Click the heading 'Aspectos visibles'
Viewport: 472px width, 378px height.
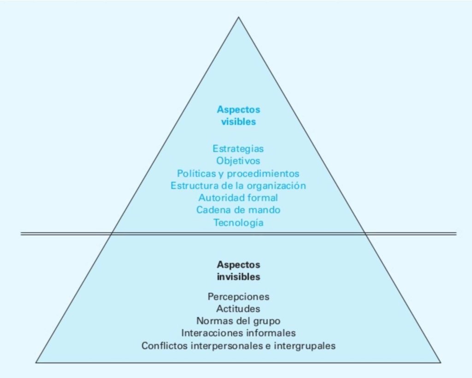pyautogui.click(x=238, y=116)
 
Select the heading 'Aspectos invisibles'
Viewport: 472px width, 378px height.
pyautogui.click(x=238, y=271)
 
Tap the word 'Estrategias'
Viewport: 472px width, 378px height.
pyautogui.click(x=238, y=148)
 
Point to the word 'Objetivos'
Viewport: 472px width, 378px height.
pyautogui.click(x=238, y=161)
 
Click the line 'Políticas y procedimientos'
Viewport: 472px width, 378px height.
pyautogui.click(x=238, y=174)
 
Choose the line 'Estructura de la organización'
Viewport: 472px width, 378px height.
pyautogui.click(x=238, y=186)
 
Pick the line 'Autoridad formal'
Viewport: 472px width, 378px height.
pyautogui.click(x=238, y=198)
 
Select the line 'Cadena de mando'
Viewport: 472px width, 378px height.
pyautogui.click(x=238, y=210)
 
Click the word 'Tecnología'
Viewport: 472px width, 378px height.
pyautogui.click(x=238, y=223)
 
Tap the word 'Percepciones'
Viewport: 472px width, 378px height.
pyautogui.click(x=238, y=296)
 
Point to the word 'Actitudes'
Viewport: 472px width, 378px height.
pyautogui.click(x=238, y=308)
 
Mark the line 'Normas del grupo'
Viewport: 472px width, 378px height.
pyautogui.click(x=238, y=320)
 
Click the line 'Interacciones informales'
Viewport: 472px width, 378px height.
pyautogui.click(x=238, y=332)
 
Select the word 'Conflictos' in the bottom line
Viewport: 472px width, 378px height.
pyautogui.click(x=164, y=345)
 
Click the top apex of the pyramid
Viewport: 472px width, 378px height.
pyautogui.click(x=238, y=18)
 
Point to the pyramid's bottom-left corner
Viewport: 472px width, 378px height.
pyautogui.click(x=36, y=362)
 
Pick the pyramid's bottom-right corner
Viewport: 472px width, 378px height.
pyautogui.click(x=441, y=362)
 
